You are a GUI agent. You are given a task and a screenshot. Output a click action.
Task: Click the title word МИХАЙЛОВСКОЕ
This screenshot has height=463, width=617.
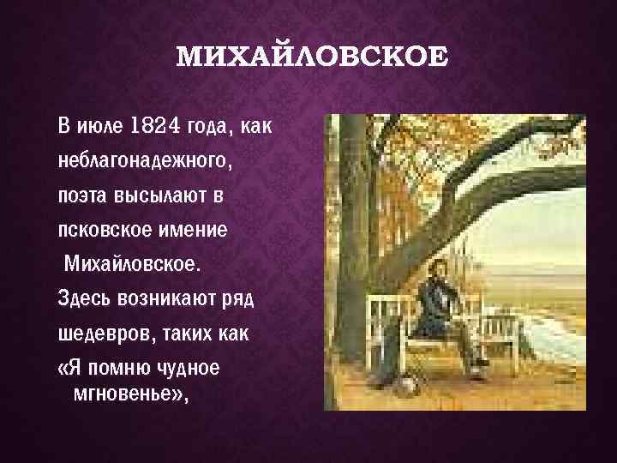click(x=311, y=58)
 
